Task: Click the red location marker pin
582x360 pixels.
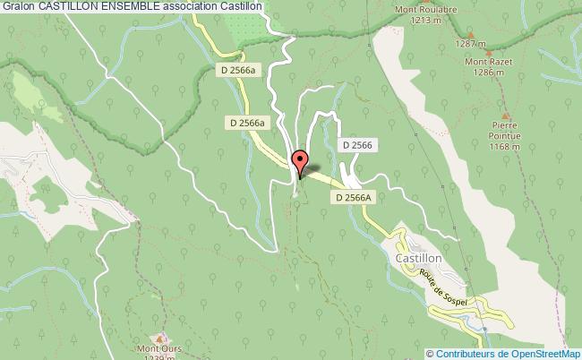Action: (x=301, y=161)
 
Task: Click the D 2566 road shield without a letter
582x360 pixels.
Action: (x=357, y=144)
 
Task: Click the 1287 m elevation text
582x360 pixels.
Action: (x=470, y=43)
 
